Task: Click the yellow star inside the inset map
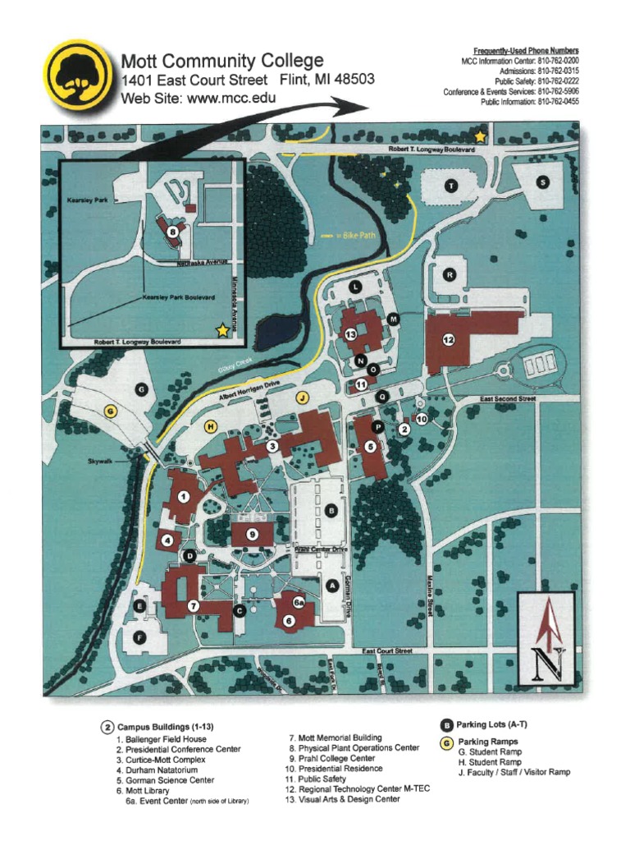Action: [221, 330]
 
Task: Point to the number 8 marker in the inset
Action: [172, 232]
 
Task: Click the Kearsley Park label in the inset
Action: [83, 199]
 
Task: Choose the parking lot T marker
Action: [450, 186]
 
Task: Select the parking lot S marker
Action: [541, 182]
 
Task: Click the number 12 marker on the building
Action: [449, 339]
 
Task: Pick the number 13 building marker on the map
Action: [350, 333]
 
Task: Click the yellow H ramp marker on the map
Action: [211, 425]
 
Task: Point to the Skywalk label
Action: [101, 462]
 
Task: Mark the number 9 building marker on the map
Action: [253, 534]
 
